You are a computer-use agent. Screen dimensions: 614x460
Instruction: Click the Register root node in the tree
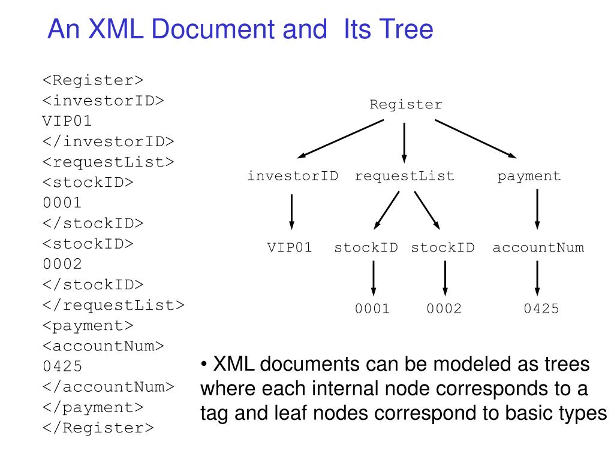tap(406, 105)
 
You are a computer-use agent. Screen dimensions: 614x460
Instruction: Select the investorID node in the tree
tap(293, 176)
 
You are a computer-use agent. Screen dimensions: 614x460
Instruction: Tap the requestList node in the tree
tap(404, 177)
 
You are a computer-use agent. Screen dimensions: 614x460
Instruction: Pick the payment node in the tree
tap(529, 177)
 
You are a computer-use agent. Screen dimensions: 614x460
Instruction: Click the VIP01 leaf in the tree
tap(290, 247)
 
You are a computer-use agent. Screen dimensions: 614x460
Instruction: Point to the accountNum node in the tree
tap(538, 247)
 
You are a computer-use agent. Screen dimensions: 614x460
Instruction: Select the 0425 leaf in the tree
tap(541, 308)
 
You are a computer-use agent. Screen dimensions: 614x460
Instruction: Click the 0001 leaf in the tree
tap(372, 308)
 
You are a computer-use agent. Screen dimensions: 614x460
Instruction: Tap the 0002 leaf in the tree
tap(444, 308)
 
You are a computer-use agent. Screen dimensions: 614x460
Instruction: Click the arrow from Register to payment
tap(475, 139)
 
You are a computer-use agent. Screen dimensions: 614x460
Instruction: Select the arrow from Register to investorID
tap(341, 139)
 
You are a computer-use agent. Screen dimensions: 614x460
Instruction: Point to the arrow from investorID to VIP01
tap(292, 211)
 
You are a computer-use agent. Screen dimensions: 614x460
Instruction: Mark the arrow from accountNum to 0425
tap(537, 278)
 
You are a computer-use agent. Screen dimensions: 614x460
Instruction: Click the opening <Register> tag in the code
tap(93, 80)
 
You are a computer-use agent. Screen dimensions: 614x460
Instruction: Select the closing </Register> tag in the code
tap(98, 428)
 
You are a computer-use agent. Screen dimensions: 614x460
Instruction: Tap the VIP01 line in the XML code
tap(67, 121)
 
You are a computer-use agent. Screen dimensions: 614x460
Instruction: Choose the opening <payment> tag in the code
tap(88, 326)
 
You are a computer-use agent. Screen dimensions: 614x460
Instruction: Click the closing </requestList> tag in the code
tap(113, 305)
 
